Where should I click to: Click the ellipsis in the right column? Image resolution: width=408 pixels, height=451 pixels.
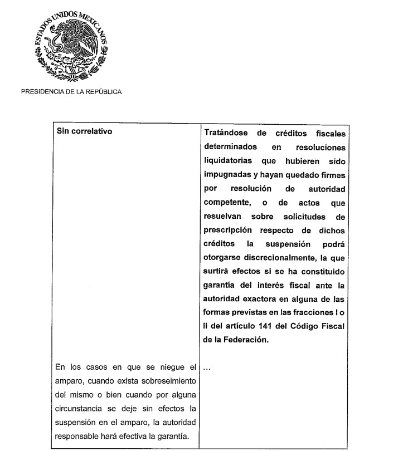coord(207,368)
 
